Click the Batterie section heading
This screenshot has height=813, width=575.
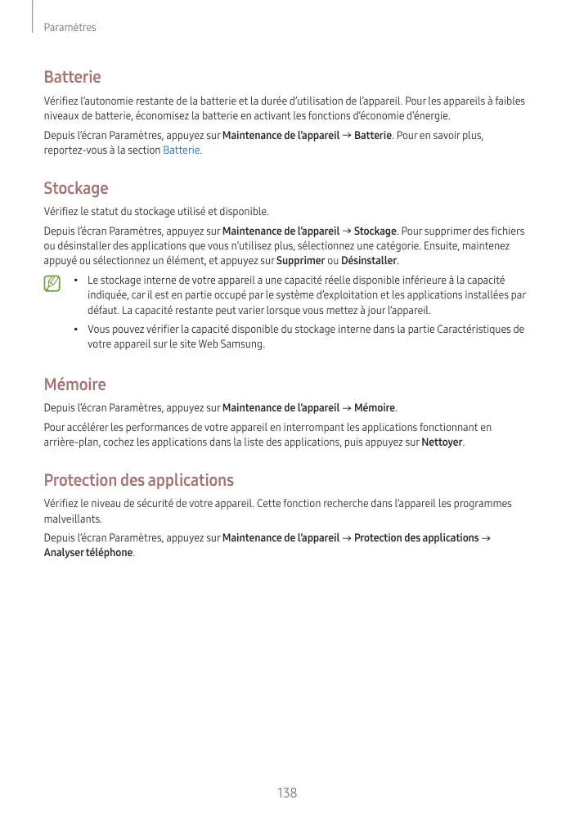[x=72, y=77]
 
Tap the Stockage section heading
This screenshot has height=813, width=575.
[x=75, y=189]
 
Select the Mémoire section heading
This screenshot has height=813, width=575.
[x=74, y=384]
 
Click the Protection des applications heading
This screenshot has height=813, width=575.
[x=138, y=480]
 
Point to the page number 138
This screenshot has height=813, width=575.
[x=287, y=793]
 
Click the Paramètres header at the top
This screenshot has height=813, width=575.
[x=70, y=28]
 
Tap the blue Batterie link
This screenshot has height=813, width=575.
[x=181, y=150]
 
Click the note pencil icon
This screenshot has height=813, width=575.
[x=53, y=284]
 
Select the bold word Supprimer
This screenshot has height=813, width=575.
[x=300, y=261]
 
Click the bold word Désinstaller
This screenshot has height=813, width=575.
[x=368, y=261]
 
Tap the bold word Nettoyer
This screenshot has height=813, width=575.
[x=441, y=442]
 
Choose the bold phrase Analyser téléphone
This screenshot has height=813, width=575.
[x=88, y=553]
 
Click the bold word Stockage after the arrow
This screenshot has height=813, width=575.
[x=375, y=231]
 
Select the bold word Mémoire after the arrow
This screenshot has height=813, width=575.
[x=375, y=408]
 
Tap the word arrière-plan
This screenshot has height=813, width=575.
[x=71, y=442]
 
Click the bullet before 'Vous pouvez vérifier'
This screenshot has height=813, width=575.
[x=75, y=330]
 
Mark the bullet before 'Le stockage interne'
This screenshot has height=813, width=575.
[x=75, y=281]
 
